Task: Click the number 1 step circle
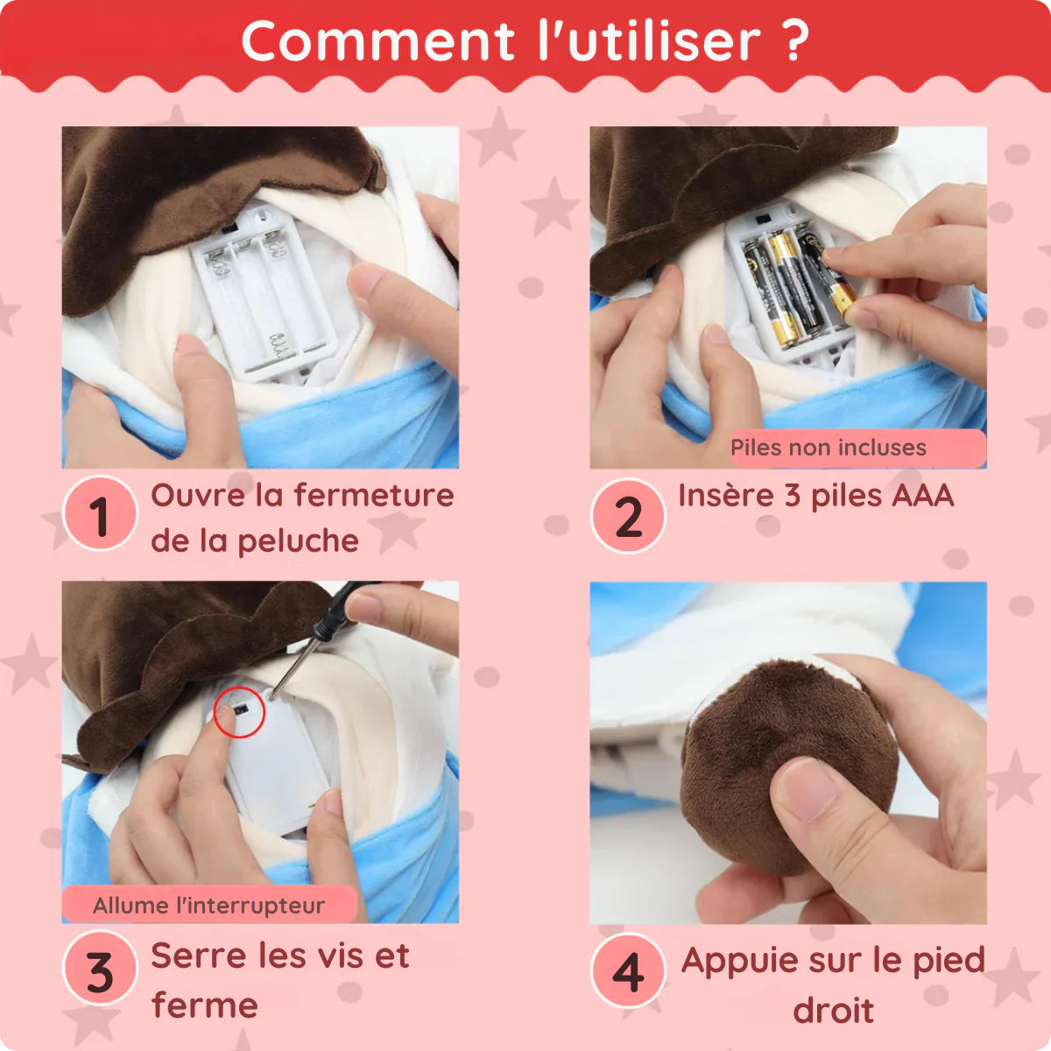pos(101,513)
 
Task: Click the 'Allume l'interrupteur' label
pos(209,905)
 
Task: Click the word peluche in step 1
pos(299,541)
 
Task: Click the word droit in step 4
pos(834,1011)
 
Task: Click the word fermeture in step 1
pos(374,495)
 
